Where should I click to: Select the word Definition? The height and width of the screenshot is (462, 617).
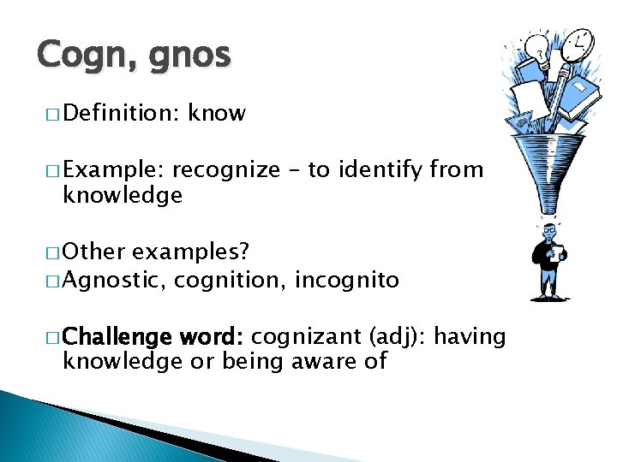117,113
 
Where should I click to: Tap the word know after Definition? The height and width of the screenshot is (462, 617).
217,113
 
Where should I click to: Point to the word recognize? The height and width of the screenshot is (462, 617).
226,170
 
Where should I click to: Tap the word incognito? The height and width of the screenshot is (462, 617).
346,280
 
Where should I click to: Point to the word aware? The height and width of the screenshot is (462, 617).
320,361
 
